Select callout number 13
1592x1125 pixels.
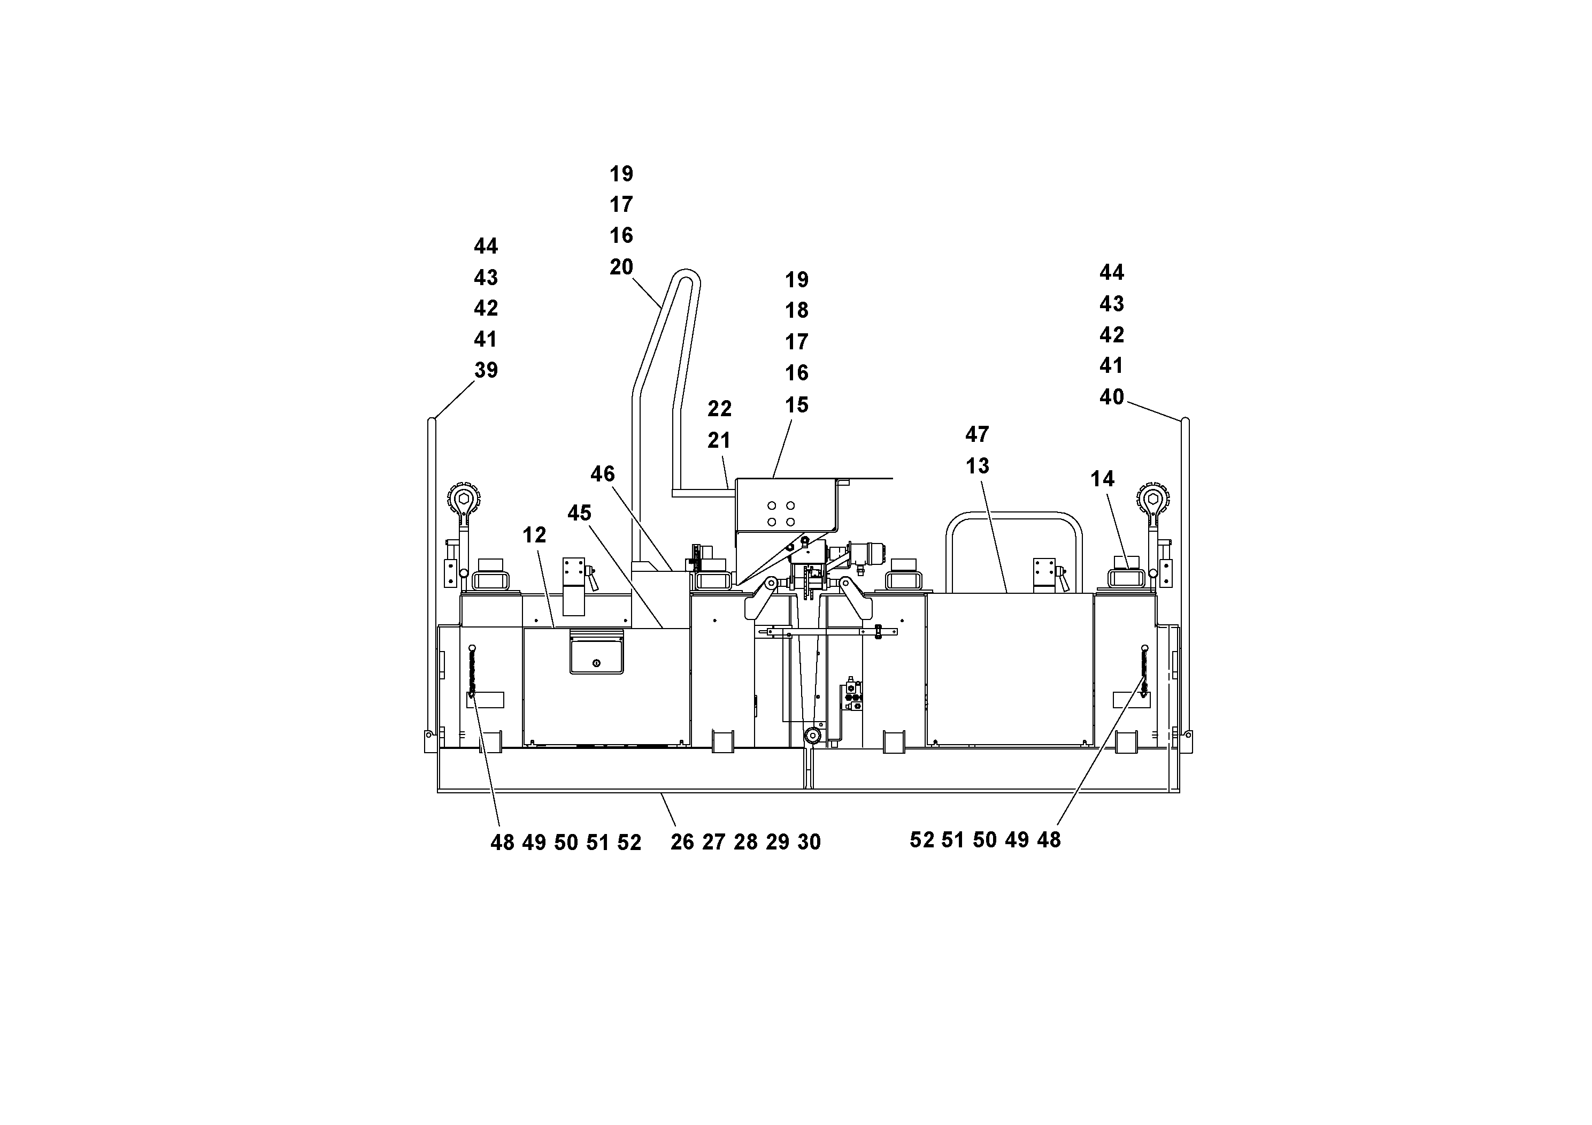click(x=977, y=465)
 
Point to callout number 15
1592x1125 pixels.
click(x=797, y=404)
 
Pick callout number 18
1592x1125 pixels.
click(x=797, y=310)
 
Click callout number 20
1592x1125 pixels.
click(x=621, y=266)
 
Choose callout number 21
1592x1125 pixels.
click(x=719, y=440)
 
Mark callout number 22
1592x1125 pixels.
click(x=719, y=409)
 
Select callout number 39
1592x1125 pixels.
click(x=486, y=370)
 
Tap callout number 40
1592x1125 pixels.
click(x=1111, y=397)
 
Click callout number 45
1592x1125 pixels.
click(x=579, y=512)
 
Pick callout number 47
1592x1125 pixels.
click(x=977, y=434)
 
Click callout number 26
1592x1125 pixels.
click(x=682, y=842)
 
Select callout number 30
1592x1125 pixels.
click(x=809, y=842)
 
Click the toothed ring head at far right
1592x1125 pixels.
click(x=1152, y=498)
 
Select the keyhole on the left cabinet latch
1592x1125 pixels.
click(x=596, y=664)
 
